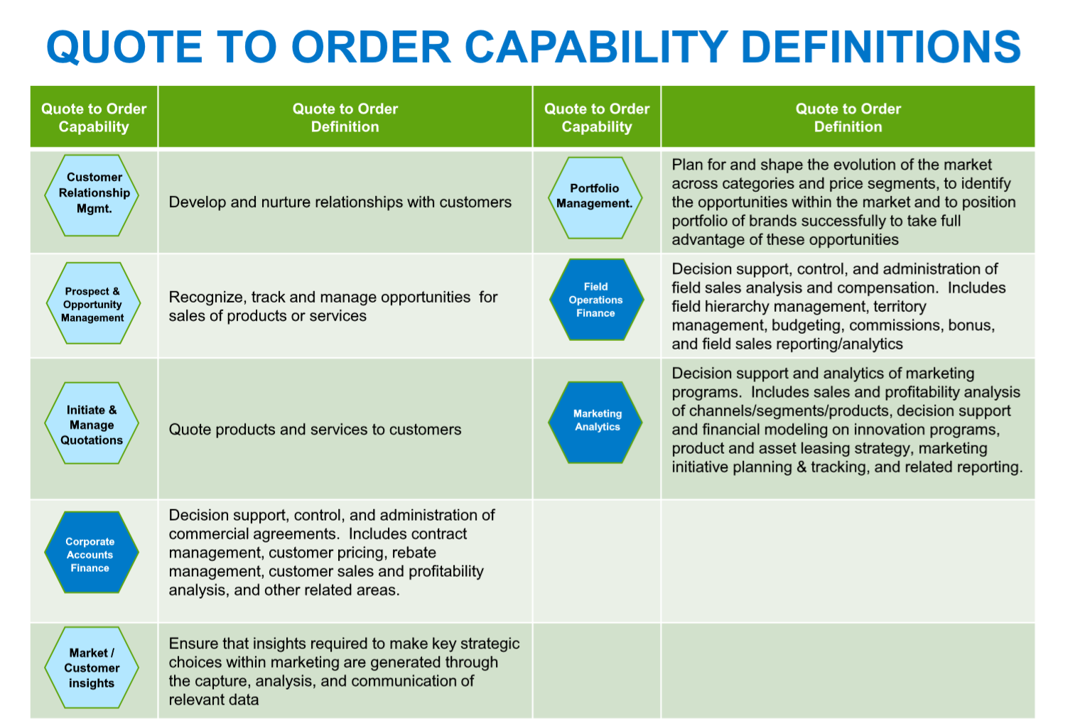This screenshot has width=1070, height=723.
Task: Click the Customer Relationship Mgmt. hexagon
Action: tap(92, 195)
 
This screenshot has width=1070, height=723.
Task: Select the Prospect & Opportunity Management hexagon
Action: tap(93, 303)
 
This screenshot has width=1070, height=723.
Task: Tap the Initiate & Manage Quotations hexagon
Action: tap(92, 423)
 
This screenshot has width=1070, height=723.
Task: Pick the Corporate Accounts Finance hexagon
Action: tap(91, 553)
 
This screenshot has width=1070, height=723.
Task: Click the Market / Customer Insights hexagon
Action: tap(92, 668)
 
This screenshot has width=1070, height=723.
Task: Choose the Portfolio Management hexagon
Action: tap(595, 197)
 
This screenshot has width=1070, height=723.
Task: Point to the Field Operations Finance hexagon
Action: tap(596, 300)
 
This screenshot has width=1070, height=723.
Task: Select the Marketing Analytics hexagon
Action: tap(596, 422)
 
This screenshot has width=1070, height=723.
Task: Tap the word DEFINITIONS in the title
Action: tap(881, 48)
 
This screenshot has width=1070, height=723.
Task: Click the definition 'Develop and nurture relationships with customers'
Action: tap(340, 202)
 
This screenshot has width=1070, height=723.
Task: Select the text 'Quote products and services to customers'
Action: tap(315, 430)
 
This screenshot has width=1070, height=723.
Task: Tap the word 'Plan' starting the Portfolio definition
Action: tap(687, 165)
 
